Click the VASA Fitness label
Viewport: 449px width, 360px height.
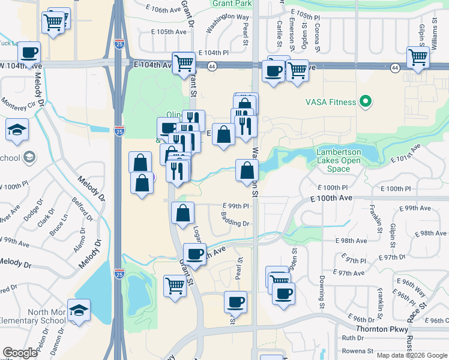pyautogui.click(x=329, y=102)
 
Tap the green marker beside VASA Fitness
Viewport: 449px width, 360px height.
pyautogui.click(x=364, y=101)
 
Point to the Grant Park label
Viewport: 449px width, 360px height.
pyautogui.click(x=232, y=3)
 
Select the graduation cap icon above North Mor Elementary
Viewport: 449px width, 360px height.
pyautogui.click(x=78, y=310)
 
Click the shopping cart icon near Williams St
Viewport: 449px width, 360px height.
pyautogui.click(x=418, y=58)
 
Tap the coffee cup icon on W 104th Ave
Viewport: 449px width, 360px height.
pyautogui.click(x=29, y=52)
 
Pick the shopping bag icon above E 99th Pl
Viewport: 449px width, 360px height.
pyautogui.click(x=183, y=212)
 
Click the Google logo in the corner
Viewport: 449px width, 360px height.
pyautogui.click(x=20, y=352)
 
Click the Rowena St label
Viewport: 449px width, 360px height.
pyautogui.click(x=357, y=351)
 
